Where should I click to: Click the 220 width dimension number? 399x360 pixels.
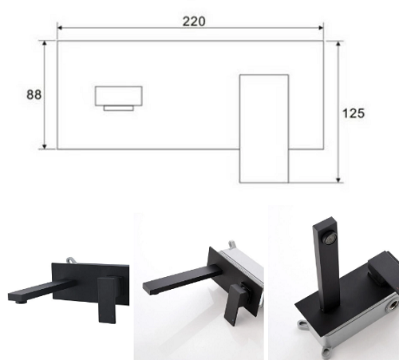pos(194,22)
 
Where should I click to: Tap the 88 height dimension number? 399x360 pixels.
pos(34,94)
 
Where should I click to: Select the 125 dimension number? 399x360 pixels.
pos(354,113)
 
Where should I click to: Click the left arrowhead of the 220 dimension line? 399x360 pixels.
pos(60,28)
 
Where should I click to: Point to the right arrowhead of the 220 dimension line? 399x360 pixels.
pos(321,28)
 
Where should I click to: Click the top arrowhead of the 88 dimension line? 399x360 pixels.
pos(45,44)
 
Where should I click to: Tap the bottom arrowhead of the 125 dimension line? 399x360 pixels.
pos(338,180)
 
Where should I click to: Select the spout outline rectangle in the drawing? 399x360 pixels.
pos(119,96)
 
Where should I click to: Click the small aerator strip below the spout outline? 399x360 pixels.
pos(119,108)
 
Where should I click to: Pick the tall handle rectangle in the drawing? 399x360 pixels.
pos(264,129)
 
